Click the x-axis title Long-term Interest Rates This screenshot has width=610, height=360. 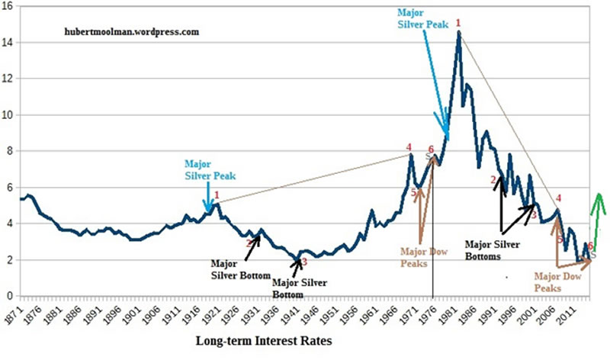(264, 341)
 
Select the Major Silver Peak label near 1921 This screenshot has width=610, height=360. (210, 169)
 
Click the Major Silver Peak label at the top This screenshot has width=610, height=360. (423, 18)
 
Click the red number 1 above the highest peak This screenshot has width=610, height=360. (458, 24)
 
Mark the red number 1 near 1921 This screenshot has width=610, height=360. (217, 195)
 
